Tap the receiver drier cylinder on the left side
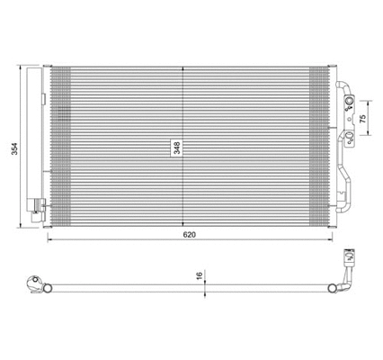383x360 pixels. tap(36, 135)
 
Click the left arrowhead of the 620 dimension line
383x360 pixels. tap(49, 243)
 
